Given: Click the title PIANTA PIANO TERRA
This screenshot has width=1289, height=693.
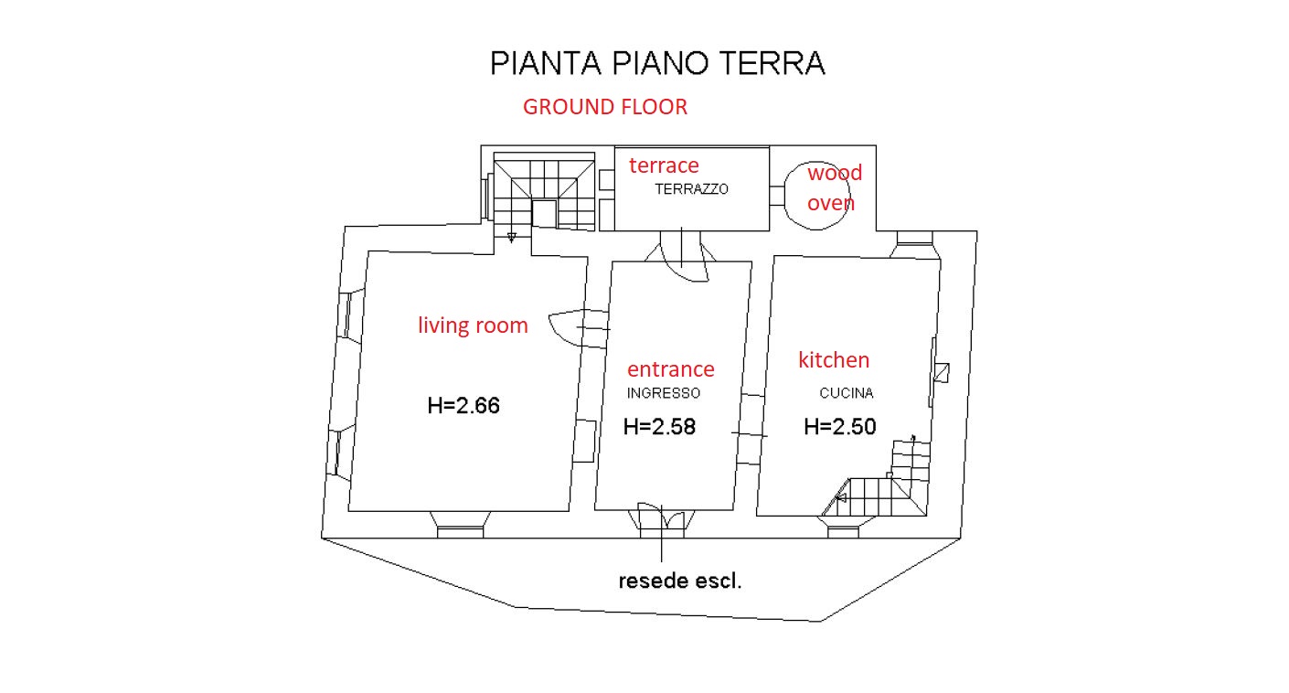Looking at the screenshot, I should point(657,64).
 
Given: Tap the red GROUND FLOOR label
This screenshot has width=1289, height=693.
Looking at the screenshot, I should point(604,107).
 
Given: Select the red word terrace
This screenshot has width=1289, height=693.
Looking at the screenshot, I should point(664,165).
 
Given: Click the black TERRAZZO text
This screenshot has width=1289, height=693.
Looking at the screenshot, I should point(692,189).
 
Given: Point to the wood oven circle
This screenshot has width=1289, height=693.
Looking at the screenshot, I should point(821,197).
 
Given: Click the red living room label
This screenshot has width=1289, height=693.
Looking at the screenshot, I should point(473,325).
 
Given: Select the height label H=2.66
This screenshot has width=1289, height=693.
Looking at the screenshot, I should point(463,405).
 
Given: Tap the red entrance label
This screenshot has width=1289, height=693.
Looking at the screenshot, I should point(670,369).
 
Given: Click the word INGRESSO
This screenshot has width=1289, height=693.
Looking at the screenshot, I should point(664,393).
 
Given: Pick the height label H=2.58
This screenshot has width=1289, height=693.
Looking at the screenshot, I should point(659,426).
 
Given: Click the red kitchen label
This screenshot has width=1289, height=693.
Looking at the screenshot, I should point(834,359).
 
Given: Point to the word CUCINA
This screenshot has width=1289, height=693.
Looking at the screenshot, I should point(846,393).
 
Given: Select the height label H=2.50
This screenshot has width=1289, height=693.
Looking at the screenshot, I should point(840,426).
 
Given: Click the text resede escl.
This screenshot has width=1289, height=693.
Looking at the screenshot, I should point(680,581).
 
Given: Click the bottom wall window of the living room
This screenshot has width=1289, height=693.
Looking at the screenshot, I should point(460,524).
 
